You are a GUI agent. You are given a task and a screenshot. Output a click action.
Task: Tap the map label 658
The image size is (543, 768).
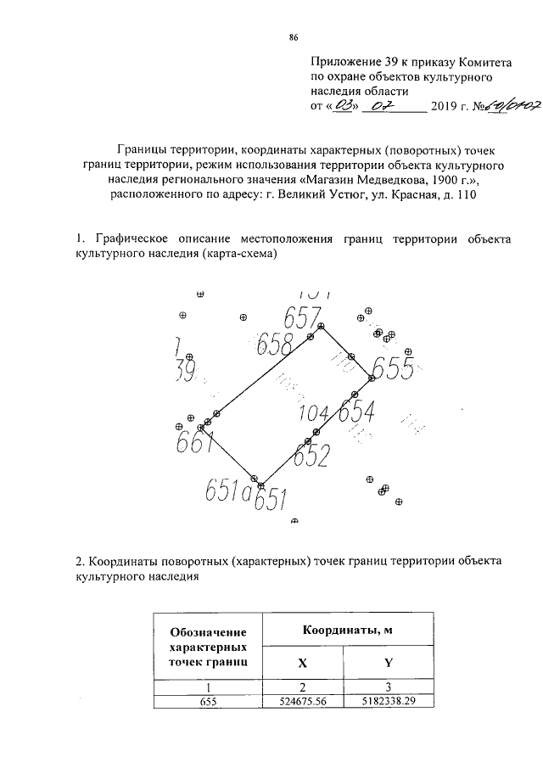tap(274, 343)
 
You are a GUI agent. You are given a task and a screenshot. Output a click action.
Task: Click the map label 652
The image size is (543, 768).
tap(311, 456)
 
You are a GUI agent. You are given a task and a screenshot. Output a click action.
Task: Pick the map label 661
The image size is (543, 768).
tap(194, 443)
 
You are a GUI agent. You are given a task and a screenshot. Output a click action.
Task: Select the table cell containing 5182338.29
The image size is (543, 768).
tap(388, 702)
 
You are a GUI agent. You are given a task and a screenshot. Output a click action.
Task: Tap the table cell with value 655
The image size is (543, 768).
tap(209, 702)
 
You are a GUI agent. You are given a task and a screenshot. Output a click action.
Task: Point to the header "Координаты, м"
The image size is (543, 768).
tap(347, 629)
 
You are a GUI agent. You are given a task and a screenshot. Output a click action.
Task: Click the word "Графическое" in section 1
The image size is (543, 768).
tap(130, 240)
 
